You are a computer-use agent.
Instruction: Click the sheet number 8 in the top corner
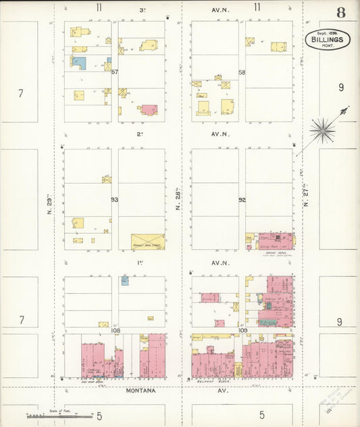click(x=341, y=12)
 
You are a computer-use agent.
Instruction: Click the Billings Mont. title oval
click(x=328, y=40)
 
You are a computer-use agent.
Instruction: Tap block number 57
click(x=115, y=72)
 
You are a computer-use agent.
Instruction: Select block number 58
click(x=241, y=72)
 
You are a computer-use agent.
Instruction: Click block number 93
click(x=114, y=199)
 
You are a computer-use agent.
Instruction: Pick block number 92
click(x=241, y=199)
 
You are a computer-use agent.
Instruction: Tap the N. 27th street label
click(x=305, y=195)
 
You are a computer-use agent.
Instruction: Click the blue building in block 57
click(x=79, y=62)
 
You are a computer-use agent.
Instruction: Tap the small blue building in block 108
click(x=125, y=280)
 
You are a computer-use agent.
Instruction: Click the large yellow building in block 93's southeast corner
click(x=147, y=242)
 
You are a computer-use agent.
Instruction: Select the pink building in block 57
click(x=149, y=109)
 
